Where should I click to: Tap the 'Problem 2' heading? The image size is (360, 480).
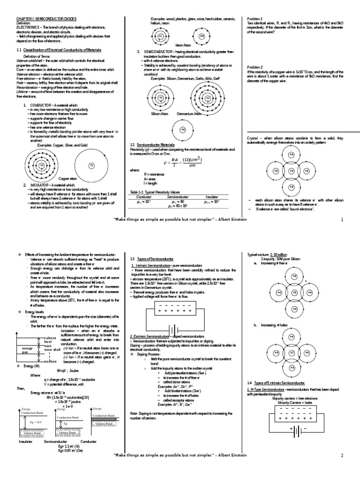[254, 67]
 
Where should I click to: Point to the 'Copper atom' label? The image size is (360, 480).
[67, 179]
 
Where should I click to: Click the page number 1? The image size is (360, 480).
[342, 219]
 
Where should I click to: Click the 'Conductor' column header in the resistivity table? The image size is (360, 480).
[143, 197]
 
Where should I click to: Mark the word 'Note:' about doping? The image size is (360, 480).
[133, 413]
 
